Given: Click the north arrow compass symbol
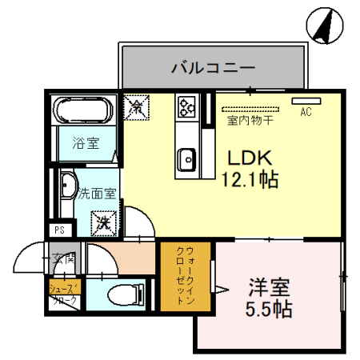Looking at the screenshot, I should click(x=324, y=25).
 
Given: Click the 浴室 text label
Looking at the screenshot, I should click(x=86, y=144).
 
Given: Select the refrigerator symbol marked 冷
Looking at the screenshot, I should click(x=136, y=105).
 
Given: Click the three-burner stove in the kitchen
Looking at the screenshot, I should click(x=188, y=106).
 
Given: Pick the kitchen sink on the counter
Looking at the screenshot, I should click(x=188, y=158).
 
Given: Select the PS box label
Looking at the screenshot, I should click(x=58, y=230).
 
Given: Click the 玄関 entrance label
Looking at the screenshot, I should click(x=64, y=258).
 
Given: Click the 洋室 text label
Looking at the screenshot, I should click(x=268, y=286).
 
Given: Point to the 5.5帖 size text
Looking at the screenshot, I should click(x=268, y=308).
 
